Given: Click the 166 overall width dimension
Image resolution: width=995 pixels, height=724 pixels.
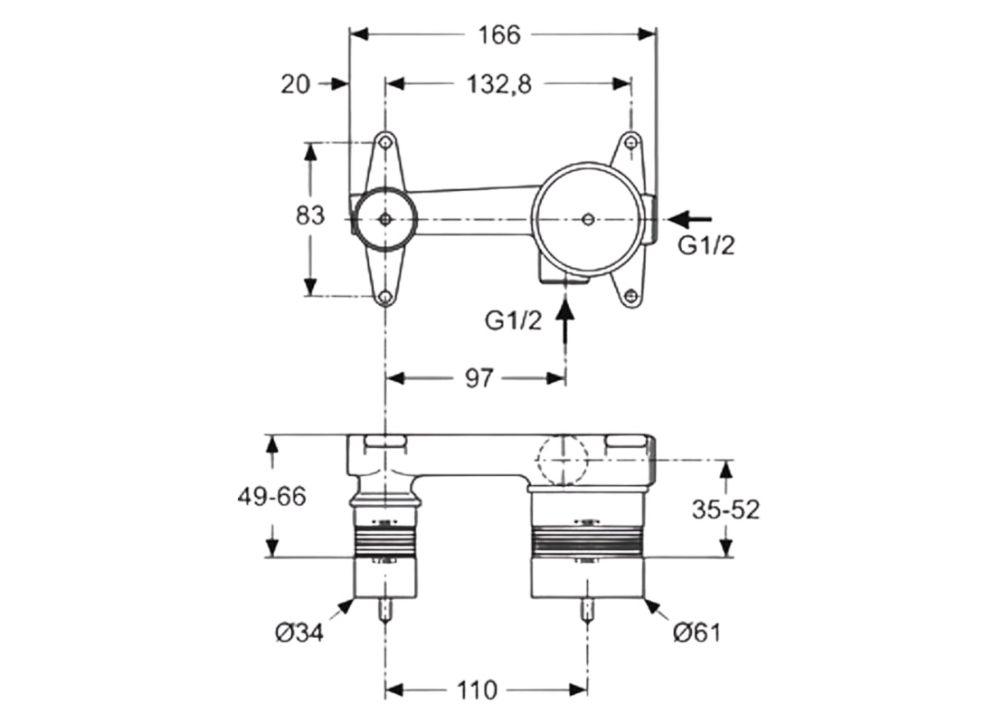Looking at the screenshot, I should pos(500,34).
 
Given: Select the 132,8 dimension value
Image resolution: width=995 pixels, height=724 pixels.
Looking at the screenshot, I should pos(498,84).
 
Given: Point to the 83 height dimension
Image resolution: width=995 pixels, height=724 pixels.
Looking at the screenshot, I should pos(310,217).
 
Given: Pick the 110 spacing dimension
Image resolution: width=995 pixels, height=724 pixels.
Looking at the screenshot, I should pos(478,691).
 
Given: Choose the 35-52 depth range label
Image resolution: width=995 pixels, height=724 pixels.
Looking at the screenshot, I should pos(725,510).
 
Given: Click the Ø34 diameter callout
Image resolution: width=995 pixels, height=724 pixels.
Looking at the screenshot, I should pos(299,632).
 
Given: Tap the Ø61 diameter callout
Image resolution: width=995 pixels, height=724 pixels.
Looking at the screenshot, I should pos(696,633).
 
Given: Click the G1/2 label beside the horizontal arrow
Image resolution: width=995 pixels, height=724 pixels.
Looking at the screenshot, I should pos(706,246).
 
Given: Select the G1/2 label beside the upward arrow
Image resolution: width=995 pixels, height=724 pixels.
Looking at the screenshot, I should pos(514,320).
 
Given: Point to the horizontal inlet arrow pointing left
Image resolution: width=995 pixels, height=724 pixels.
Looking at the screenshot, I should pos(689,218).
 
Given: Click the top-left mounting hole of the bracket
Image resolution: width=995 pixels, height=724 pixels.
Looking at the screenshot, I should pos(386,143).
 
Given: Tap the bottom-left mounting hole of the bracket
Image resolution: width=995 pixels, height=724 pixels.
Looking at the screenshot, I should pos(386,297).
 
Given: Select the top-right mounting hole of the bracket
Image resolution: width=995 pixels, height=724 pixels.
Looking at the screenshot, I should pos(632,142).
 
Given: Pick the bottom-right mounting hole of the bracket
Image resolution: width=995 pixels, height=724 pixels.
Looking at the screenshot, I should pos(632,294).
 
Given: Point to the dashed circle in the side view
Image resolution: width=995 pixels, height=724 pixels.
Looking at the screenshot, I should pos(563,460).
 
